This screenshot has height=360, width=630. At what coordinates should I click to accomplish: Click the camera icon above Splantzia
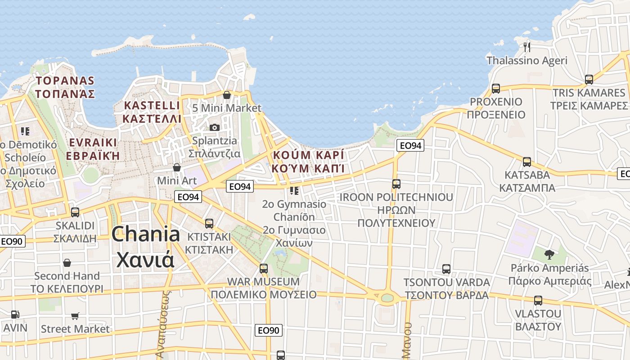coord(215,127)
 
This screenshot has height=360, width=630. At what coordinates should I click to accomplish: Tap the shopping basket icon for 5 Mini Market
coord(227,94)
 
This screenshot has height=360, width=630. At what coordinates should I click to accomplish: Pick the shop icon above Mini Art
coord(177,167)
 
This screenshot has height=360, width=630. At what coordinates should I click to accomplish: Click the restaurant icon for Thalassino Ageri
coord(527,46)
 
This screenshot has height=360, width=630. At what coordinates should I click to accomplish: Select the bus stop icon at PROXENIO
coord(496,88)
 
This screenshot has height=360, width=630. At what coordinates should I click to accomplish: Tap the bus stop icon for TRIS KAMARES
coord(589,80)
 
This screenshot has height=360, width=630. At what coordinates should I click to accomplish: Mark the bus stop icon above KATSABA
coord(527,162)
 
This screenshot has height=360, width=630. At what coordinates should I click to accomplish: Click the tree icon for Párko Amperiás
coord(549,255)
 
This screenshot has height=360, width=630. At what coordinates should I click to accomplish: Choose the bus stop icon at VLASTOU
coord(538,300)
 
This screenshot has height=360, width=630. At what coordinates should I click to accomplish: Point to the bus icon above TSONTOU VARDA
coord(446,269)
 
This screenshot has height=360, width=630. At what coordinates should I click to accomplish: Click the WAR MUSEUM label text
coord(263,282)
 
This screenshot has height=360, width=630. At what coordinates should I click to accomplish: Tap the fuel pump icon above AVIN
coord(15,315)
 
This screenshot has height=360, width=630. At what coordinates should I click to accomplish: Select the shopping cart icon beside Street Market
coord(75,316)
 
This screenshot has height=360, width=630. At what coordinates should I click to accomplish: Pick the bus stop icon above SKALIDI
coord(75,212)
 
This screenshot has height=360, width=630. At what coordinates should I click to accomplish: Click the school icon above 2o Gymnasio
coord(294,191)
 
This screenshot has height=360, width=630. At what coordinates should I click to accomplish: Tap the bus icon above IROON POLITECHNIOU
coord(396,184)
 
